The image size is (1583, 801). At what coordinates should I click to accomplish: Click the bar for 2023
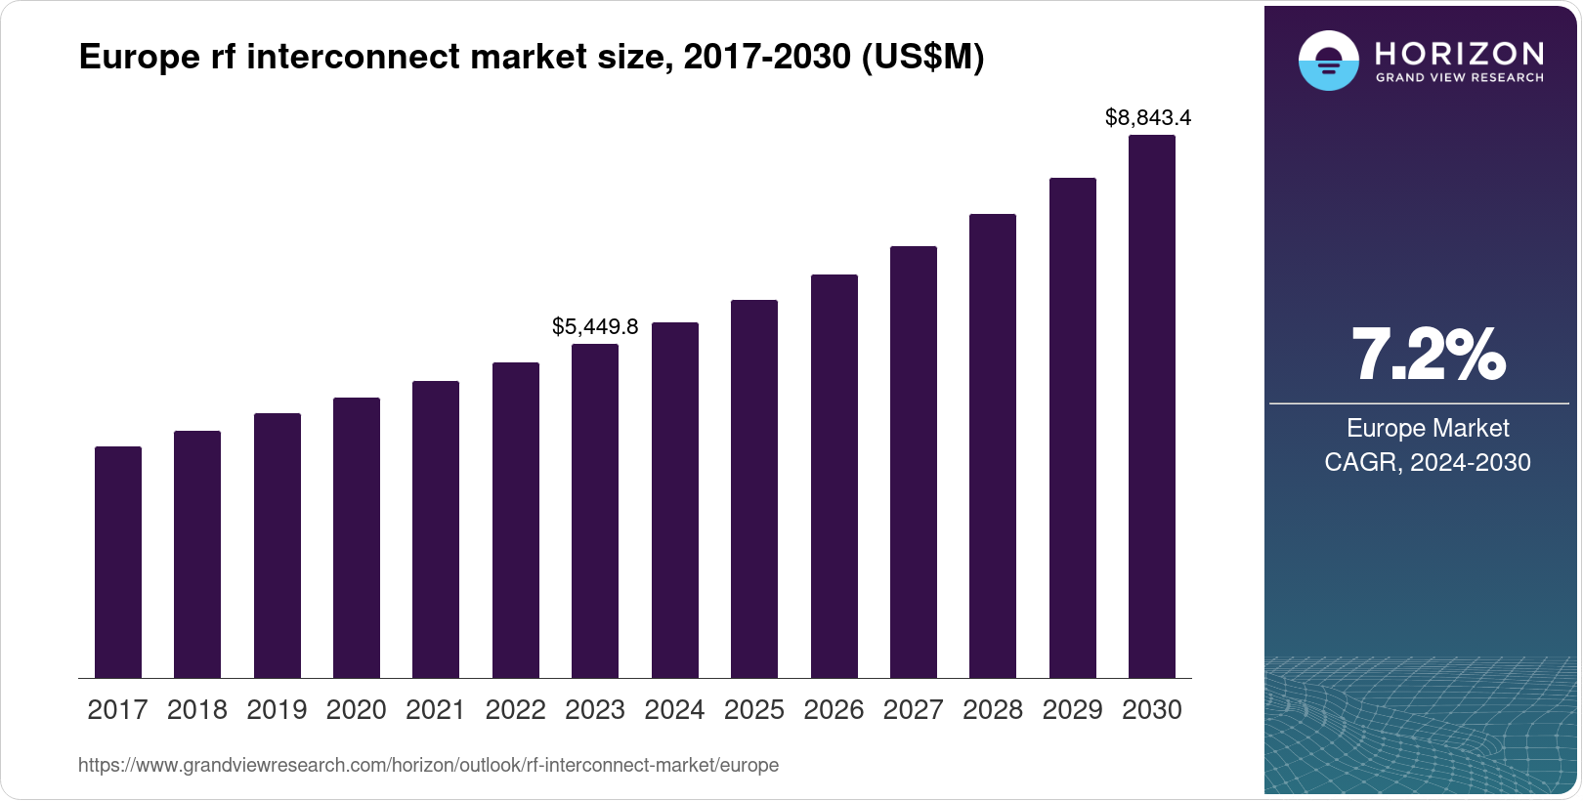coord(595,511)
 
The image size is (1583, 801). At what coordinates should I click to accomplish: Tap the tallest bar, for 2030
coord(1152,406)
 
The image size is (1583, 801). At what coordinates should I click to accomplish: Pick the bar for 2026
coord(834,476)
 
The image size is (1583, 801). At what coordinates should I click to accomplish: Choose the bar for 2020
coord(357,537)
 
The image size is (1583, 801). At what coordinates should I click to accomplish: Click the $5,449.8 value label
coord(595,326)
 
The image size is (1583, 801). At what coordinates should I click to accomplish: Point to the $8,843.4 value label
coord(1147,118)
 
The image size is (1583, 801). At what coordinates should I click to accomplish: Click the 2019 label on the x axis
coord(277,710)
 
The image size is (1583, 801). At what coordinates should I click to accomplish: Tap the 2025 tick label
coord(754,710)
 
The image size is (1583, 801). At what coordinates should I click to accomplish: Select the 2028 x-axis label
coord(993,710)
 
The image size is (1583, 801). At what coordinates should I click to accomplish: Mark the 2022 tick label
coord(515,710)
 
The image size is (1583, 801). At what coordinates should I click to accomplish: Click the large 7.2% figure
coord(1428,355)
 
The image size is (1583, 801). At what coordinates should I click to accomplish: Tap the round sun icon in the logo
coord(1328,61)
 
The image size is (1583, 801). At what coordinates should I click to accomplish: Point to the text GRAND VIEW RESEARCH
coord(1459,78)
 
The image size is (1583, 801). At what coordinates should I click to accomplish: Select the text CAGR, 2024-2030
coord(1428,462)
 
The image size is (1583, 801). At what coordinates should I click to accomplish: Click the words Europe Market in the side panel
coord(1428,428)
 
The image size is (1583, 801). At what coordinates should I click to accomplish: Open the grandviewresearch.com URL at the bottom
coord(428,765)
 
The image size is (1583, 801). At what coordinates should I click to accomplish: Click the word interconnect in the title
coord(352,57)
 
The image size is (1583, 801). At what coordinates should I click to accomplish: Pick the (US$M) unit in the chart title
coord(922,57)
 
